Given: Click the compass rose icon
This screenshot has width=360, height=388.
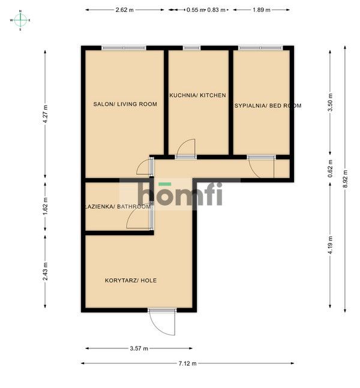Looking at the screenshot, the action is point(20,20).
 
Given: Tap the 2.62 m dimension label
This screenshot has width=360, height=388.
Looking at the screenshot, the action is point(125,10).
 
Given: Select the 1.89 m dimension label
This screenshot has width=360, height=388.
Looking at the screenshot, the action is point(262,10).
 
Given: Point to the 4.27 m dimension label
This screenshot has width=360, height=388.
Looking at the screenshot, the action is point(45,115).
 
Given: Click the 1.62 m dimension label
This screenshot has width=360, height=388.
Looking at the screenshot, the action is point(45,206).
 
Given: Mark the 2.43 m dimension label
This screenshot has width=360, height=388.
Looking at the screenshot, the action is point(45,272).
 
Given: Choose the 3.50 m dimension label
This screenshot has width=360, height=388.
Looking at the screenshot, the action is point(330,102).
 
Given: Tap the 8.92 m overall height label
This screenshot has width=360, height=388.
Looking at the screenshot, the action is point(346,179).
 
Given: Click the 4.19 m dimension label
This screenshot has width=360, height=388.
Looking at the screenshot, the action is point(330,245).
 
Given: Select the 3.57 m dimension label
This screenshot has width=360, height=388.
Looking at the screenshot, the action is point(139,348).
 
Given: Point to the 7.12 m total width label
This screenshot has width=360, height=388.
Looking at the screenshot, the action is point(187,363).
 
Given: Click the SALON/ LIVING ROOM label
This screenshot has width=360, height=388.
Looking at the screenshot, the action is point(125,104).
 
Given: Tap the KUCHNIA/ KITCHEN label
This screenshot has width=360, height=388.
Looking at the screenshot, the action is point(197,95).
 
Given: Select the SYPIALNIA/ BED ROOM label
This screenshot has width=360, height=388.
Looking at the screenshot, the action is point(268,106).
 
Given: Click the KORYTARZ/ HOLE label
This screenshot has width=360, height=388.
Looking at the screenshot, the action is point(131,281).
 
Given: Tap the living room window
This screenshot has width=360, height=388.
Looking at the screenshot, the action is point(124,48).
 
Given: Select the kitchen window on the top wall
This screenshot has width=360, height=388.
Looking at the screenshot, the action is point(191,48).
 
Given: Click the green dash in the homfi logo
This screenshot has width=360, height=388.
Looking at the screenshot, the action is point(165,184).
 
